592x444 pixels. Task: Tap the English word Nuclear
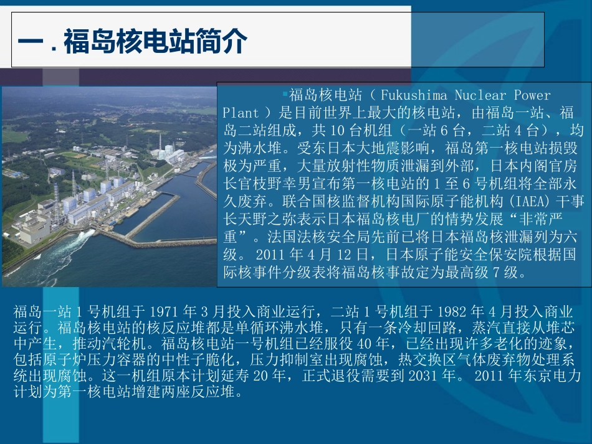point(480,95)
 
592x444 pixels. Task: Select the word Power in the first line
point(532,95)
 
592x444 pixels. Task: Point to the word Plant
point(241,113)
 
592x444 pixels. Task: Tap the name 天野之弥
point(267,219)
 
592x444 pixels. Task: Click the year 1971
point(165,311)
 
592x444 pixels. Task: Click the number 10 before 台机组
point(337,130)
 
